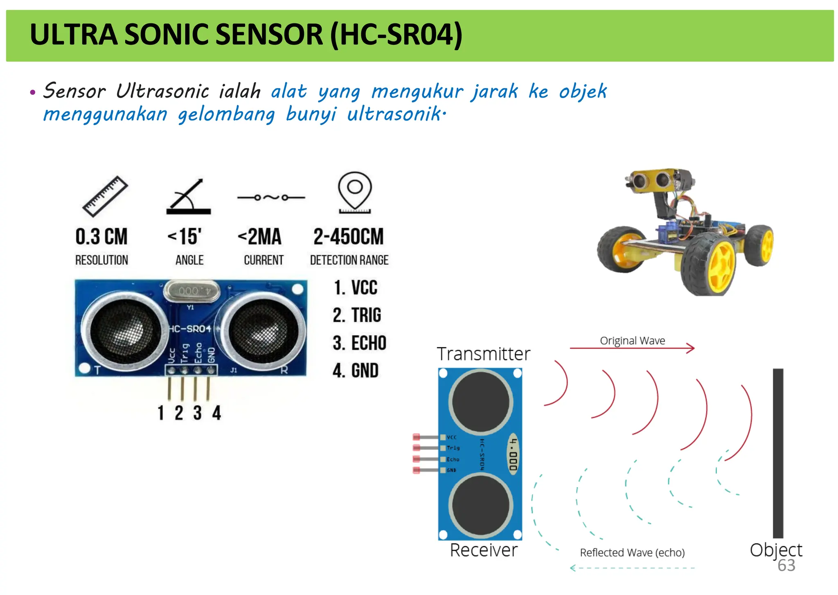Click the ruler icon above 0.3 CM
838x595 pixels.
coord(105,196)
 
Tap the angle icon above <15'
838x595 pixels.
coord(189,197)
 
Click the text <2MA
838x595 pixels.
coord(259,237)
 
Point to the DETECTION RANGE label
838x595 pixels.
coord(349,260)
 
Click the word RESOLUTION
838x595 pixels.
coord(101,260)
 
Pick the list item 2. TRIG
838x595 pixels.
coord(357,315)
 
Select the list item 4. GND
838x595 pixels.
coord(356,371)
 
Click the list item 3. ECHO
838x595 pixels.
coord(359,343)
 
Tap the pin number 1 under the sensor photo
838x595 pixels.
coord(161,413)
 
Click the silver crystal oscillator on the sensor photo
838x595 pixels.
coord(191,291)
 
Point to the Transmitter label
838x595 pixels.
coord(483,354)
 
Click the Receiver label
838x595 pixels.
coord(484,550)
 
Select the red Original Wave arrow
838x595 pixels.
coord(632,349)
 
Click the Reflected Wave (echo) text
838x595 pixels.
coord(632,552)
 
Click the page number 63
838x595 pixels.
coord(786,566)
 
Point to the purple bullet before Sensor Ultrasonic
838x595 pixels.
coord(33,92)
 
